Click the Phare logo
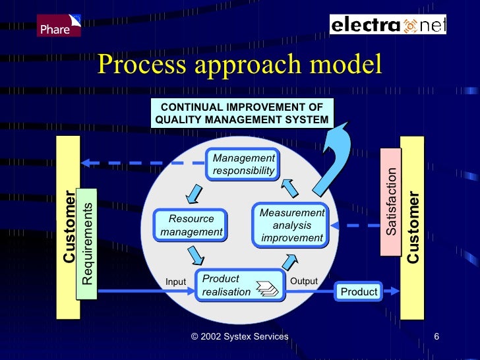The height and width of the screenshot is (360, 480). tap(59, 25)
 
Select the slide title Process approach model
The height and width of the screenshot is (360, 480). tap(239, 66)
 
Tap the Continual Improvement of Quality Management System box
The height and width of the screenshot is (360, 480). tap(242, 113)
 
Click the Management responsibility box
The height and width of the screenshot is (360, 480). tap(243, 165)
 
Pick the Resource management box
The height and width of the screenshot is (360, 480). tap(191, 225)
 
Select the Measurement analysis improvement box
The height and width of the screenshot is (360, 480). tap(291, 225)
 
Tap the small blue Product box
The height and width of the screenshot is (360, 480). tap(359, 291)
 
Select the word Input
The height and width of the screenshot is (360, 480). tap(175, 282)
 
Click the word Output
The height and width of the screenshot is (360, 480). tap(304, 282)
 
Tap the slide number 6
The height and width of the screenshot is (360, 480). tap(436, 337)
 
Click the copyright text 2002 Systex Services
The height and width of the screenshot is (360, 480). tap(239, 337)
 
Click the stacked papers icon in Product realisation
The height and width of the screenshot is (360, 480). tap(268, 289)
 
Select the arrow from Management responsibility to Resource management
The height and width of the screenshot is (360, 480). tap(193, 193)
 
